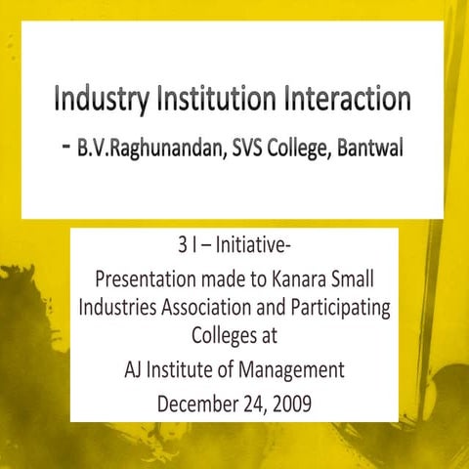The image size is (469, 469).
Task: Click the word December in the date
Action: pos(200,403)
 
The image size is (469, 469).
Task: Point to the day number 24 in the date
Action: pos(253,403)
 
